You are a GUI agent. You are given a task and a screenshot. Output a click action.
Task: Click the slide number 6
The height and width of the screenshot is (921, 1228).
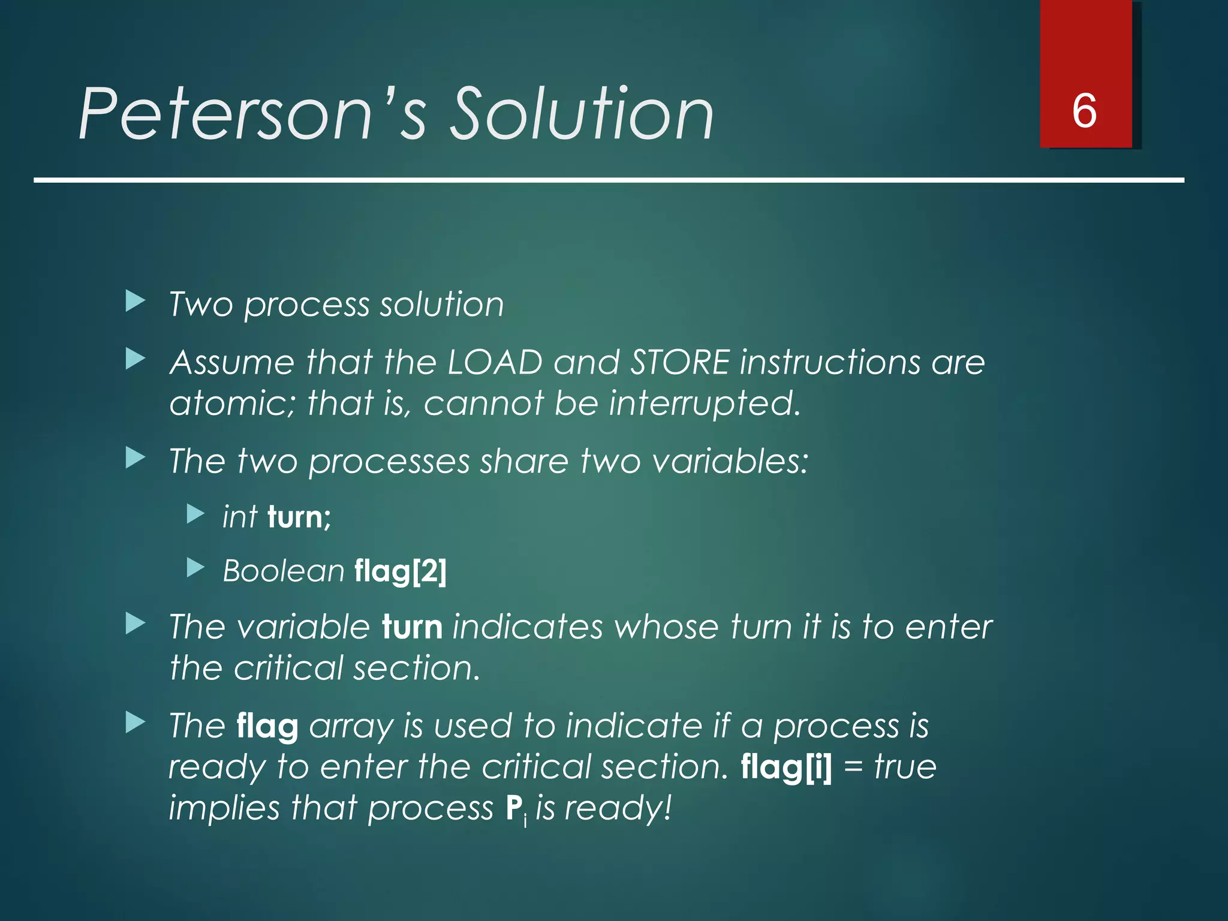click(1084, 112)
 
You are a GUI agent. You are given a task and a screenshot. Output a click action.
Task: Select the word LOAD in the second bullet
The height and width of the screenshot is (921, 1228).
click(495, 362)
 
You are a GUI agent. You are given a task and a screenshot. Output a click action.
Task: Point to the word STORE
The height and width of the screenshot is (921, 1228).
click(680, 362)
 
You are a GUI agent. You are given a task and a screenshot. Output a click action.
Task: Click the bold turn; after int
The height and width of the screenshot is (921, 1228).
click(299, 517)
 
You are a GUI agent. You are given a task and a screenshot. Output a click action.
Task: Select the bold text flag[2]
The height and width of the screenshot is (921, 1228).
click(400, 571)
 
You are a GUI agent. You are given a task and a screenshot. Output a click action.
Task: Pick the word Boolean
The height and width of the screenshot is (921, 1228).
click(284, 571)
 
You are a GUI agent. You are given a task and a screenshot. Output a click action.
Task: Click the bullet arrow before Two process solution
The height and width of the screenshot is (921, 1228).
click(136, 302)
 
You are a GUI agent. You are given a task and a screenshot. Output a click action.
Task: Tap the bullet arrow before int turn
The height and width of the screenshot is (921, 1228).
click(195, 514)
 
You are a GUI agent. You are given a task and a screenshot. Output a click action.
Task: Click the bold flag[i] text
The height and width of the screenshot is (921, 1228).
click(786, 767)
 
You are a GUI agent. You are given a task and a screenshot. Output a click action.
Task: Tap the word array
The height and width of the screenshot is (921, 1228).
click(351, 727)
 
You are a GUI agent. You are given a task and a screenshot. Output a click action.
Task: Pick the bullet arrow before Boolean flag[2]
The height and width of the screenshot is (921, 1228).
click(195, 568)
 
